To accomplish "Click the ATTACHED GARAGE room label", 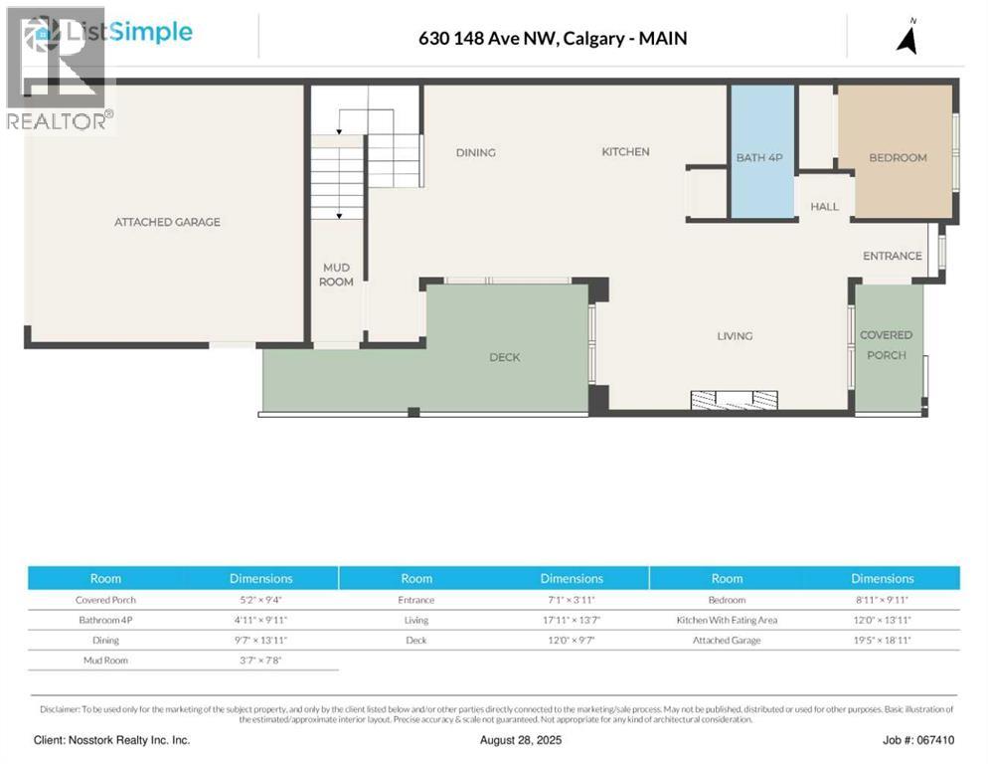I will point(167,222).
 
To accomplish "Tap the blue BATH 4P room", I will point(761,157).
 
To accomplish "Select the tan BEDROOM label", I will point(898,157).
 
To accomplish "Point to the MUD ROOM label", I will point(336,275).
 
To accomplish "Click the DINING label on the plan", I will point(475,152).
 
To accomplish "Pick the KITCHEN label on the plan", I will point(625,151).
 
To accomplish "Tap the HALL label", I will point(824,207).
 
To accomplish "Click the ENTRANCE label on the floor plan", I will point(892,256).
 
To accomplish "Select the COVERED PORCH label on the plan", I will point(886,345).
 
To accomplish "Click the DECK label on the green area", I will point(504,357).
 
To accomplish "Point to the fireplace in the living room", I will point(735,400).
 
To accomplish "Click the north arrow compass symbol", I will point(906,37).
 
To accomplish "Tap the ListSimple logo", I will point(109,33).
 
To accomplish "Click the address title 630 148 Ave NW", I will point(552,39).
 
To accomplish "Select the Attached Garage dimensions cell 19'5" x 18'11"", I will point(882,641).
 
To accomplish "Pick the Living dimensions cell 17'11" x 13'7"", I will point(571,620).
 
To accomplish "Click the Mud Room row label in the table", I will point(105,661).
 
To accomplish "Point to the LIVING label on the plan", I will point(735,336).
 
